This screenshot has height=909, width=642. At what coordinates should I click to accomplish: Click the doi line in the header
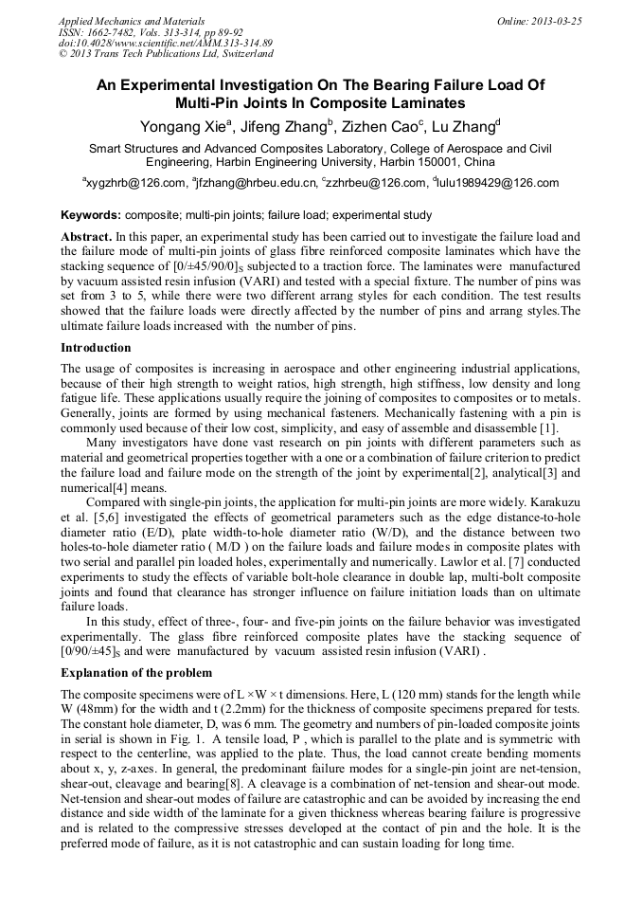[166, 43]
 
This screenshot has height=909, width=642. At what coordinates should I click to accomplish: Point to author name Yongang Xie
[184, 126]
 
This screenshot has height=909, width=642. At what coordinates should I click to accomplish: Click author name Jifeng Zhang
[283, 126]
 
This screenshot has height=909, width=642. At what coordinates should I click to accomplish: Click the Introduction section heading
[96, 348]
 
